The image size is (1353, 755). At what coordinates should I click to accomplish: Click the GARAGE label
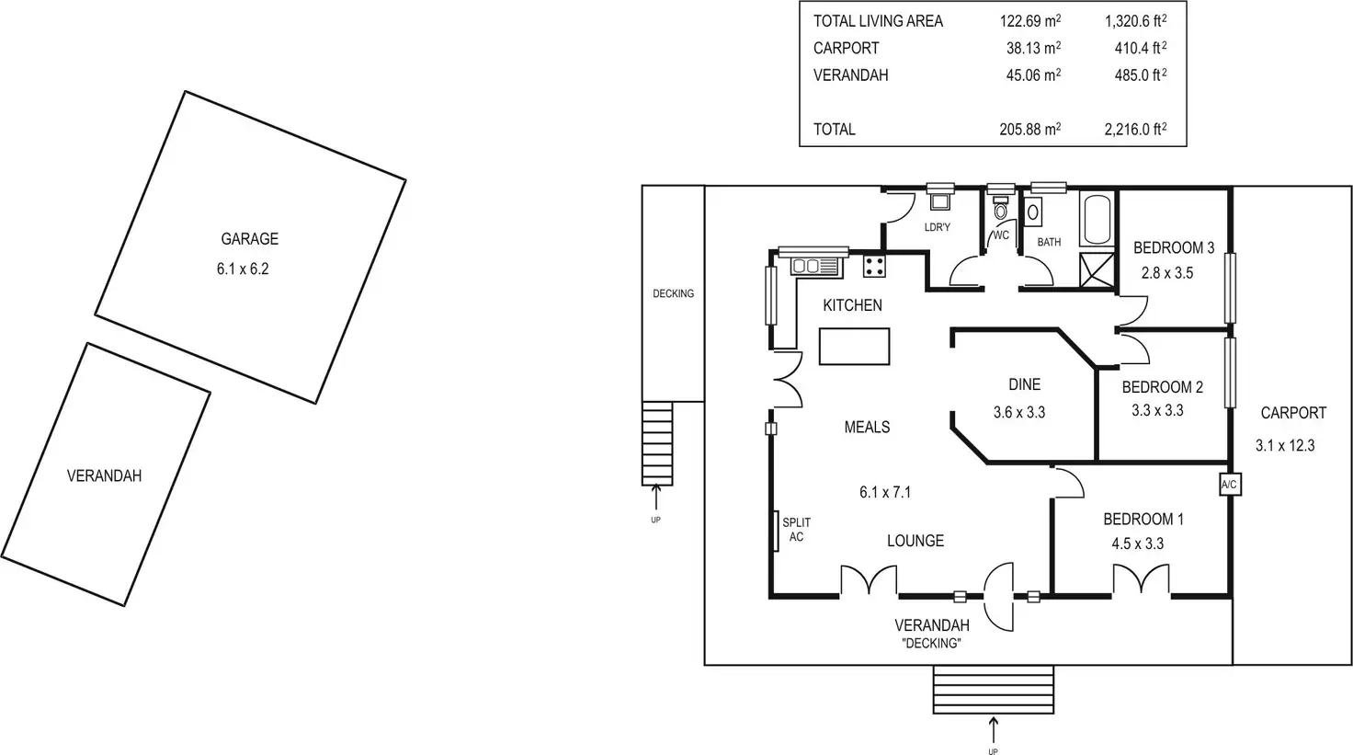(249, 239)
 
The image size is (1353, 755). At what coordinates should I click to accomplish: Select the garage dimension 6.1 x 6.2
(243, 269)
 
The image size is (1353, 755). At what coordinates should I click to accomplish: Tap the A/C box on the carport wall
(1230, 485)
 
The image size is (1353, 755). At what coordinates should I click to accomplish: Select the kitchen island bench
(854, 347)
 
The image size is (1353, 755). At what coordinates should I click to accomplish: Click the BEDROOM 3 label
(1174, 248)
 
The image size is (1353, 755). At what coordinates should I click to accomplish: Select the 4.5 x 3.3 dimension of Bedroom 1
(1137, 543)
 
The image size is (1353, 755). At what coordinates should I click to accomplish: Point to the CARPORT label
(1293, 413)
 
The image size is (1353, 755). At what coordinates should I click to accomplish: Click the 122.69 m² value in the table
(1029, 20)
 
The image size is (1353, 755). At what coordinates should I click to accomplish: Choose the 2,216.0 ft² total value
(1135, 129)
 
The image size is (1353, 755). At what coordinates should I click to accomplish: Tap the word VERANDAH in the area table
(850, 75)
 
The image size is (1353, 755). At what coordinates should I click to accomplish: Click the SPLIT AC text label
(796, 530)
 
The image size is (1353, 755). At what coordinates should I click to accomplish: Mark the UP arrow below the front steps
(993, 731)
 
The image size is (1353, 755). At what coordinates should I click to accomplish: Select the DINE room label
(1025, 384)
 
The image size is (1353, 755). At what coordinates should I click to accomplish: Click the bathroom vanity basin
(1033, 212)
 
